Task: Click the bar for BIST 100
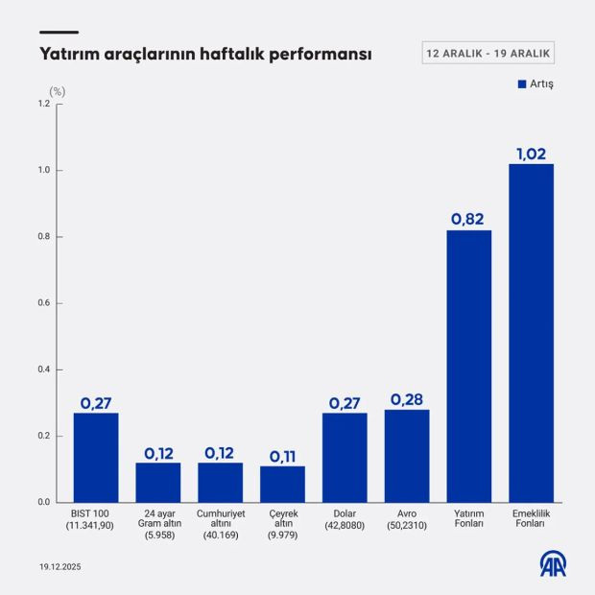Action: tap(96, 457)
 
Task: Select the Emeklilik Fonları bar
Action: tap(531, 333)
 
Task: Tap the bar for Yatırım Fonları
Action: tap(469, 366)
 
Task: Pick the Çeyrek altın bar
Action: tap(282, 484)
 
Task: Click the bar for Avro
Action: tap(407, 456)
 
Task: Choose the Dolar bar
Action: tap(345, 457)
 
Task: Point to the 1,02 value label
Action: tap(531, 153)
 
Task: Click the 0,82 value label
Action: tap(468, 219)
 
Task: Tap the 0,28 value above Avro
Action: tap(407, 398)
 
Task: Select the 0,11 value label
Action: tap(282, 456)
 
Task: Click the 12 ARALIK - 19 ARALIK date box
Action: tap(488, 52)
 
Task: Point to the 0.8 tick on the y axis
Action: tap(43, 237)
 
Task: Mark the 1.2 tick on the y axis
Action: tap(43, 104)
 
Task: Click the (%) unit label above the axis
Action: tap(58, 91)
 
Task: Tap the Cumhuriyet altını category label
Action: tap(220, 524)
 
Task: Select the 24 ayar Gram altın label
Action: tap(158, 524)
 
